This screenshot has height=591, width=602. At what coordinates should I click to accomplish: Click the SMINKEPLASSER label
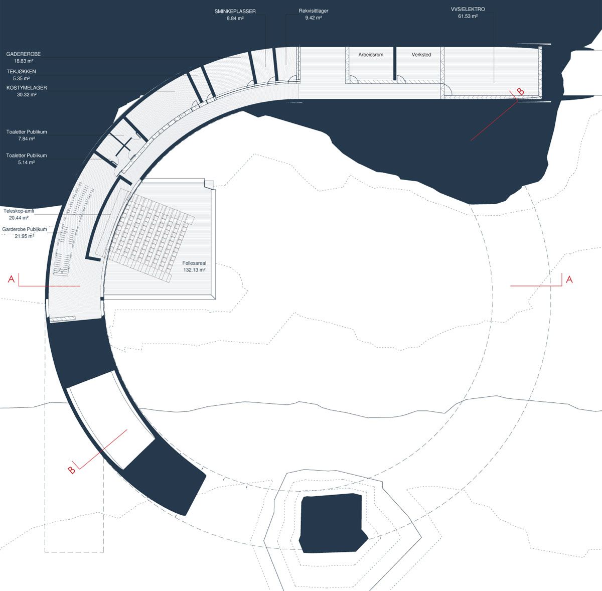[x=235, y=11]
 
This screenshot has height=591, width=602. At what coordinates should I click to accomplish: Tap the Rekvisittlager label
[x=314, y=11]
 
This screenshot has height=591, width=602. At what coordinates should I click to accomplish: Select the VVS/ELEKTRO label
[x=468, y=10]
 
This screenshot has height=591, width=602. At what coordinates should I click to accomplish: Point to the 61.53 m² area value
[x=468, y=16]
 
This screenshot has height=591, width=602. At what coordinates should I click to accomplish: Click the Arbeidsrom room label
[x=371, y=55]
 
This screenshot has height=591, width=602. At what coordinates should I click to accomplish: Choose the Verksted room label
[x=421, y=55]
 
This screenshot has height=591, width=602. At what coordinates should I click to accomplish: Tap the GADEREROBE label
[x=24, y=54]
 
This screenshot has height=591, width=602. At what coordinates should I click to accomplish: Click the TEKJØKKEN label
[x=21, y=72]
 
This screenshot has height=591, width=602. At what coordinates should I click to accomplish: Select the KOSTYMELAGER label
[x=27, y=88]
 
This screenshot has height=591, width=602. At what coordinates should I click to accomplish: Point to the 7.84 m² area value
[x=27, y=139]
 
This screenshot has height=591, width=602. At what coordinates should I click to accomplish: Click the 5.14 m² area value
[x=27, y=163]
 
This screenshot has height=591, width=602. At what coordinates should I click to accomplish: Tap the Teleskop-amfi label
[x=19, y=211]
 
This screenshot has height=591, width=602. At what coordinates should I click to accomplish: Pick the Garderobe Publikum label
[x=25, y=229]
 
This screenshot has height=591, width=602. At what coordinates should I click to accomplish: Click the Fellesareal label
[x=194, y=263]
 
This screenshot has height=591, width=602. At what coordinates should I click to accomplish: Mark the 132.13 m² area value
[x=194, y=270]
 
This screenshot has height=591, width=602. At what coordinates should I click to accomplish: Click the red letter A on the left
[x=11, y=279]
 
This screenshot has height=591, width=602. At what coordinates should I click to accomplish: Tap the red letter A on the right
[x=569, y=279]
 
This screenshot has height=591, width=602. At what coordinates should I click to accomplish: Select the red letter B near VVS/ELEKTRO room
[x=520, y=91]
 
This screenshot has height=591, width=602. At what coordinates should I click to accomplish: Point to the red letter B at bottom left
[x=72, y=470]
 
